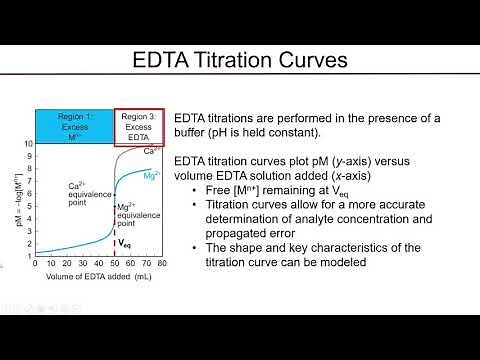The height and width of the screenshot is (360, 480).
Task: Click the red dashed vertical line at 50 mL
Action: coord(113,230)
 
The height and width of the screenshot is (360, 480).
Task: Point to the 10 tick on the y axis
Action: coord(29,145)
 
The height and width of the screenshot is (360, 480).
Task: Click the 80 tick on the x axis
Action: coord(161,265)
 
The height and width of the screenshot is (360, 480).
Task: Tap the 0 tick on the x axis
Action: coord(35,265)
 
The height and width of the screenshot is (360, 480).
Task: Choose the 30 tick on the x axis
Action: coord(82,265)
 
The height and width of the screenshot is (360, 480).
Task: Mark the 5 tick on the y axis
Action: coord(30,206)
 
